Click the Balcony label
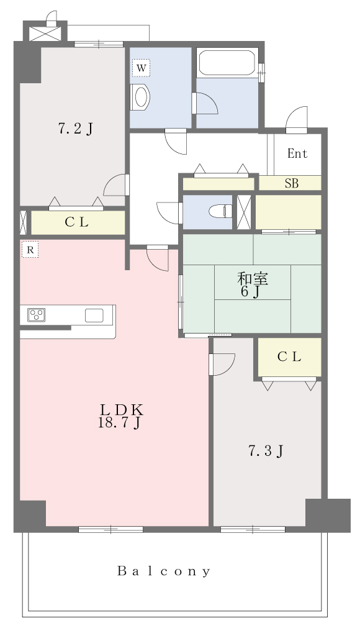point(164,571)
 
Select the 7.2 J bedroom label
point(75,129)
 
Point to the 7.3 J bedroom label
point(265,450)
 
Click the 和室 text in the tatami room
point(253,279)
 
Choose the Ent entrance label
point(297,154)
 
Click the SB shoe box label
point(292,183)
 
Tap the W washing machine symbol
point(141,68)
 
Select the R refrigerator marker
point(30,250)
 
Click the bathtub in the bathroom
point(227,63)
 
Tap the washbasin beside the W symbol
point(140,98)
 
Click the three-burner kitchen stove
point(36,315)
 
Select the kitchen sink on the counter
point(94,315)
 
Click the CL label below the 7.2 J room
point(77,222)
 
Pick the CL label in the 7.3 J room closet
point(289,357)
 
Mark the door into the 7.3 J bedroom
point(222,364)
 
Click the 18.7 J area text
point(119,422)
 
